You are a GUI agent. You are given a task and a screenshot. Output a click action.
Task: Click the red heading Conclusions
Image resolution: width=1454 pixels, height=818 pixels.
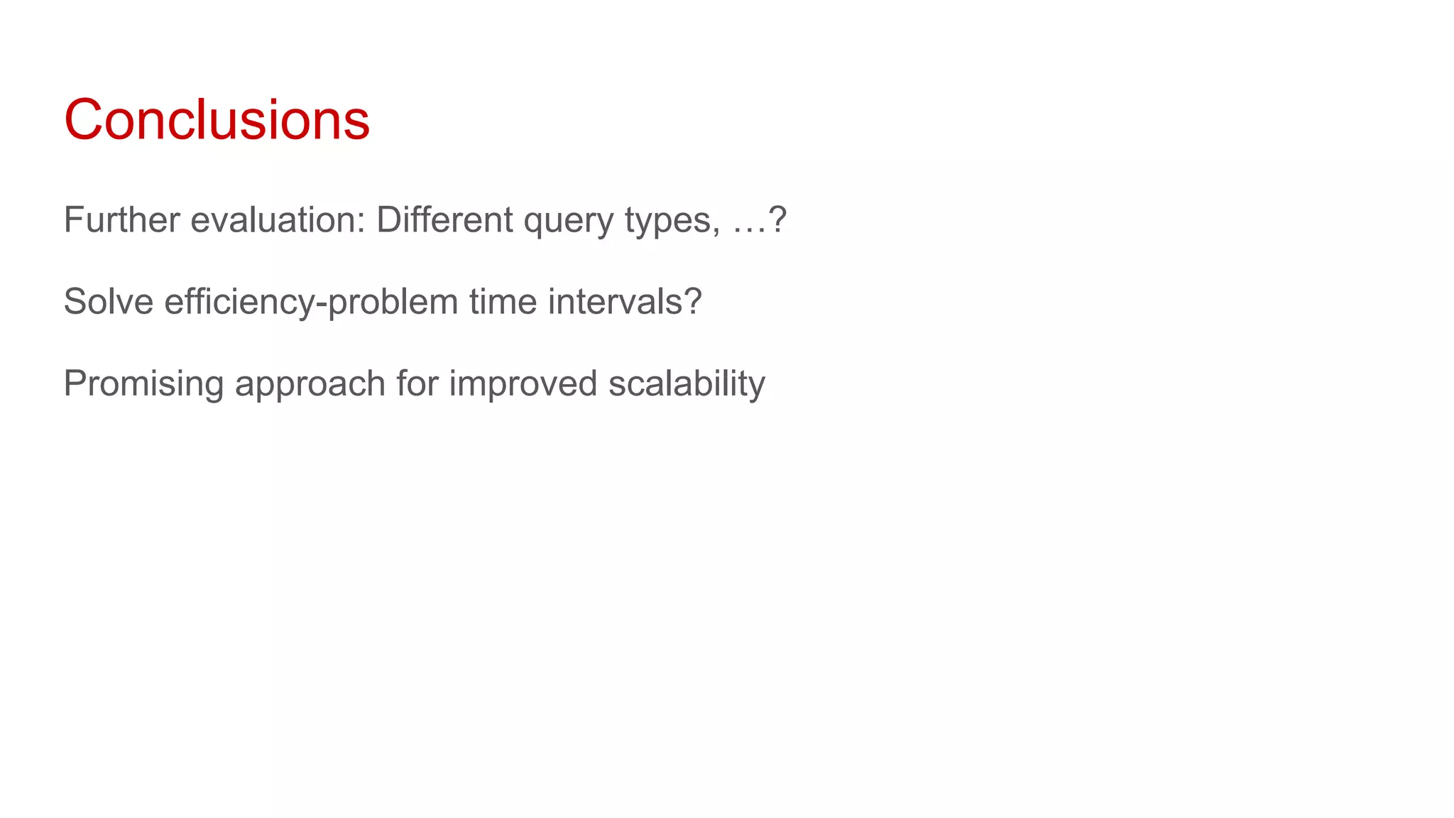[x=217, y=119]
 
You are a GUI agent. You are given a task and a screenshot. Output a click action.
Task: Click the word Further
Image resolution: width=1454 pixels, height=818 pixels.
[x=121, y=219]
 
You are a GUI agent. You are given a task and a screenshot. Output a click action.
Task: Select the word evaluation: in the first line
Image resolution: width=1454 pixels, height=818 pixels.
[x=278, y=219]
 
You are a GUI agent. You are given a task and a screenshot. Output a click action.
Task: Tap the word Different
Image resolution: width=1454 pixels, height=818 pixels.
[x=444, y=219]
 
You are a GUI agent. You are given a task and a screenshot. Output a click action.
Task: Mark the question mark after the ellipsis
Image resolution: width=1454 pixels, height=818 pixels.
[x=778, y=219]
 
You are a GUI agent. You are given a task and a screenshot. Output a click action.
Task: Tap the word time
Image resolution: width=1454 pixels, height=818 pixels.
[x=503, y=301]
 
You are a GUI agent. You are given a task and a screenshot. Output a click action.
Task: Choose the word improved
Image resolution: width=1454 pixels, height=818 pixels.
[x=523, y=384]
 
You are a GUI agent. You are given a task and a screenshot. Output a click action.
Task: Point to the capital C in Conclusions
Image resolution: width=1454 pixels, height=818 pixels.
[x=84, y=119]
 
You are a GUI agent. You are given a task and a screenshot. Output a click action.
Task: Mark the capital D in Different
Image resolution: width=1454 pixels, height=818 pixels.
[x=388, y=219]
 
